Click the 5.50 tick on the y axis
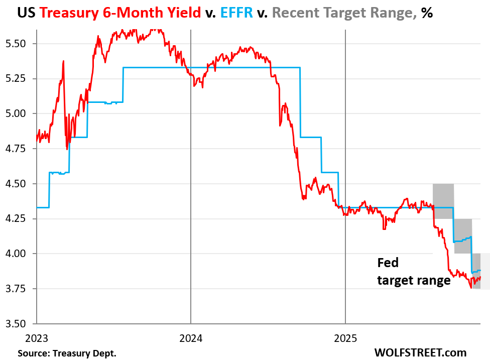click(x=19, y=44)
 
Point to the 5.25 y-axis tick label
click(x=19, y=78)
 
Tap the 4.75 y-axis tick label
click(x=19, y=149)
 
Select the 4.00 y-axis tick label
click(x=19, y=254)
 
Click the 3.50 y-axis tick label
click(x=19, y=323)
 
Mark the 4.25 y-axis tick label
click(x=19, y=218)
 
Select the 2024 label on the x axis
click(x=191, y=338)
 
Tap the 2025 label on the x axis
click(x=345, y=338)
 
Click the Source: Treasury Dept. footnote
click(x=67, y=353)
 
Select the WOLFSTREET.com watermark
click(x=420, y=352)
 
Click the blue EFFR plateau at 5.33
click(x=211, y=67)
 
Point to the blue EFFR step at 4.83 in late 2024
click(x=310, y=137)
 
